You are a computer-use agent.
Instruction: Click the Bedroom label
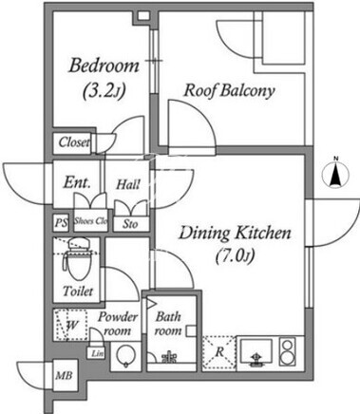104,66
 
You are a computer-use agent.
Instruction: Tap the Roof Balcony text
229,90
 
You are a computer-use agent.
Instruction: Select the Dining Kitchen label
235,234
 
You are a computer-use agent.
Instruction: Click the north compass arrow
335,176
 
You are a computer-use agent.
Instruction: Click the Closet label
74,142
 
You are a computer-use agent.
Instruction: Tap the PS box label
61,222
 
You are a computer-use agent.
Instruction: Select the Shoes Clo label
90,220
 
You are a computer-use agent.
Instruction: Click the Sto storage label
130,224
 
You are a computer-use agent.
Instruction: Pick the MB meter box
64,375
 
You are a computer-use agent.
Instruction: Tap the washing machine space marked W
70,325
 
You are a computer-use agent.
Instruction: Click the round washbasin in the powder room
125,357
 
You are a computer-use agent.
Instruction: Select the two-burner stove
288,351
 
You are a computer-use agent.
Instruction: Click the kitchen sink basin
256,350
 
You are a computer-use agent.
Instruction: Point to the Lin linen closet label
98,353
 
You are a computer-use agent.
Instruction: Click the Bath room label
168,324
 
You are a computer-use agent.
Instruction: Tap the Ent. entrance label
77,182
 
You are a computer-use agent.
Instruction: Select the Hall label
127,184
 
